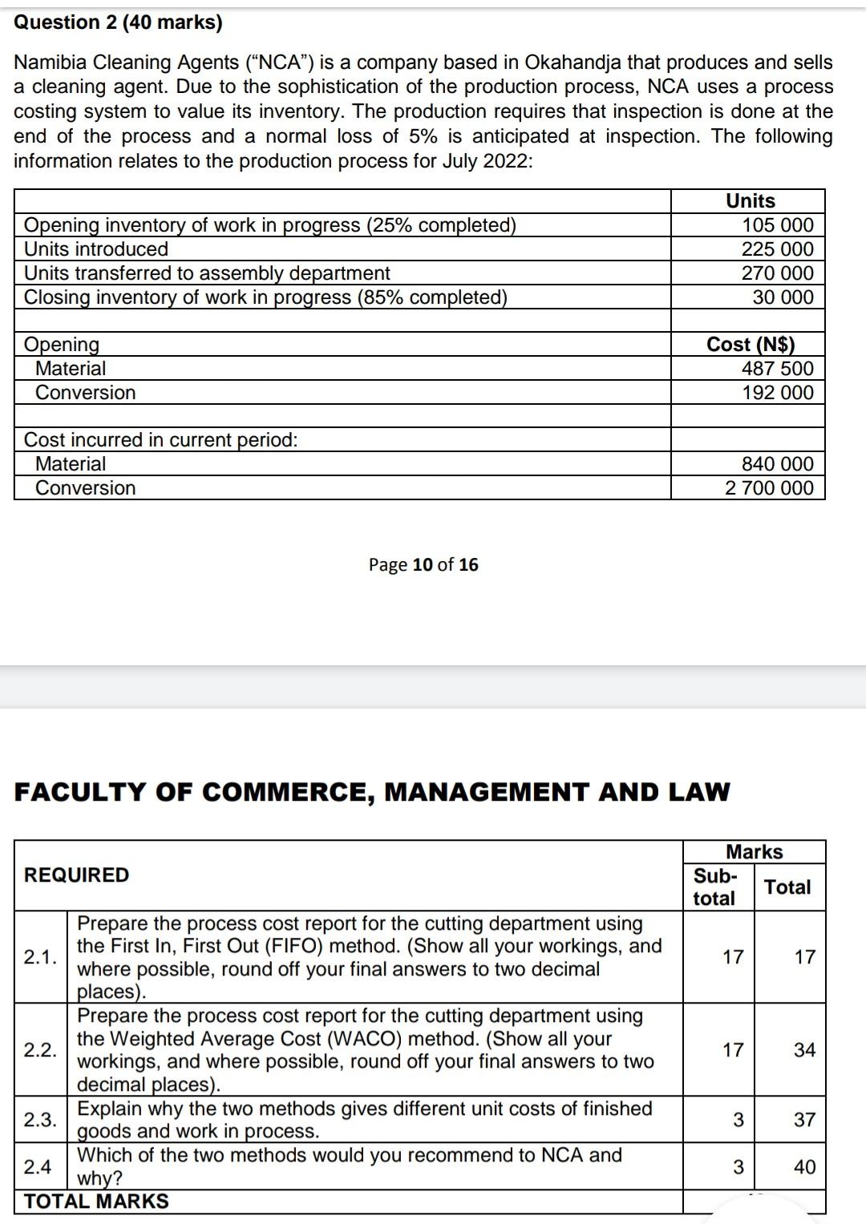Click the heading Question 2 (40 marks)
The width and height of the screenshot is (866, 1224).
pos(119,22)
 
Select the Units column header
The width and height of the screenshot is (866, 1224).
pos(750,201)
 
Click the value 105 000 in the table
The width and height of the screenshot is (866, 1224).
pos(777,225)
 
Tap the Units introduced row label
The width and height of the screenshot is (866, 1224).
pos(96,249)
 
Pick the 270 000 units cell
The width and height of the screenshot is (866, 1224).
pos(777,273)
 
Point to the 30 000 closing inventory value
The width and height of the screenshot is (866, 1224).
pos(783,297)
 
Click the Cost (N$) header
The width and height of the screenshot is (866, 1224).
pos(750,345)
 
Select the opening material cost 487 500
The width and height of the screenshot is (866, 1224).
pos(777,369)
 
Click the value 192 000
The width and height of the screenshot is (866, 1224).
pos(777,393)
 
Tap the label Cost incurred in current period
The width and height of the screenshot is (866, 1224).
pos(160,440)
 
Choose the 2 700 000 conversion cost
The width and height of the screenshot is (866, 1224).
pos(769,488)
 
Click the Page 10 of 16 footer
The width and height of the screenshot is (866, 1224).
pos(423,565)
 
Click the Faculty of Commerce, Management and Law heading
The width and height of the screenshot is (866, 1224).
pos(372,793)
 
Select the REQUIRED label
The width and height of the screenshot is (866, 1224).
pos(76,875)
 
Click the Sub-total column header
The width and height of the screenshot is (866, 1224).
pos(714,887)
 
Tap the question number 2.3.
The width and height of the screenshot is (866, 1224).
pos(40,1120)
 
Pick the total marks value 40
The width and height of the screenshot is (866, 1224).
pos(804,1167)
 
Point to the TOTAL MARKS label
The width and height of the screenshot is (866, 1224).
pos(96,1202)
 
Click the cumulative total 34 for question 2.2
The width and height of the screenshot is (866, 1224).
pos(804,1050)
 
